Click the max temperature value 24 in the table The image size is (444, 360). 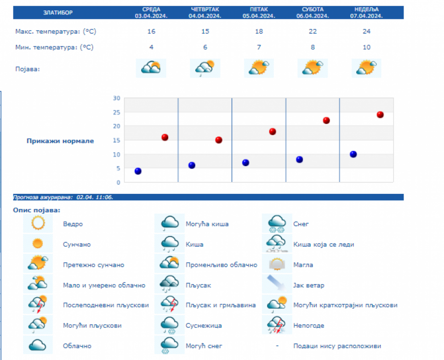pos(367,32)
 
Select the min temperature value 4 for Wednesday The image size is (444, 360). pos(151,47)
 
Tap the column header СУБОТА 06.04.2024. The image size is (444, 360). pos(313,12)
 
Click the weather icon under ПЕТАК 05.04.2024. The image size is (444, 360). pos(259,68)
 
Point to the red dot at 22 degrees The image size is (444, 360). pos(326,120)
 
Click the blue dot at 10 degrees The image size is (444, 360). pos(353,154)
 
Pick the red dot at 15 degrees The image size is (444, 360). pos(219,140)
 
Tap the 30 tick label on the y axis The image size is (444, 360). pos(117,98)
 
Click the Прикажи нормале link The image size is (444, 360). pos(60,141)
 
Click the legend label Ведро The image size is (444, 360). pos(73,224)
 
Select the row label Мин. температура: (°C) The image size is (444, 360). pos(54,47)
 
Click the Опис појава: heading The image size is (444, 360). pos(37,210)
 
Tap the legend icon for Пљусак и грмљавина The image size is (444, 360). pos(169,304)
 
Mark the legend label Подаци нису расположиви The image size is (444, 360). pos(337,346)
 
